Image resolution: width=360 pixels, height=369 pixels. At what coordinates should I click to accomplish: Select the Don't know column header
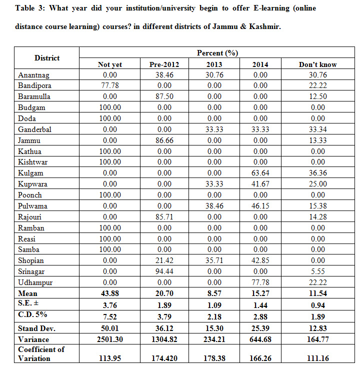pyautogui.click(x=317, y=64)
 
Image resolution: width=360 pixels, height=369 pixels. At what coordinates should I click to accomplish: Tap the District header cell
pyautogui.click(x=47, y=58)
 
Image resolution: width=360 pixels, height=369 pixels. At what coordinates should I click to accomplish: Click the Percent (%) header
pyautogui.click(x=217, y=53)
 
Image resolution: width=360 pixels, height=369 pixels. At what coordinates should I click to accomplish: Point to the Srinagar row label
pyautogui.click(x=31, y=271)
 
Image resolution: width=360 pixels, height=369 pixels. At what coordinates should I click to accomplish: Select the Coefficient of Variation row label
pyautogui.click(x=41, y=353)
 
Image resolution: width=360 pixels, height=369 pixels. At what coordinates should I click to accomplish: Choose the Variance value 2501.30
pyautogui.click(x=110, y=339)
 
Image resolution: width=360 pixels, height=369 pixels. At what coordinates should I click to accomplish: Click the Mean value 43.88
pyautogui.click(x=110, y=293)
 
